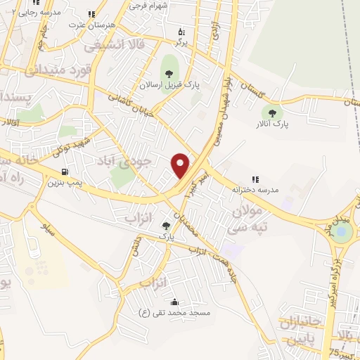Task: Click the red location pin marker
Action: pos(181,165)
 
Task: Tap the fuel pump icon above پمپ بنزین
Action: pos(65,171)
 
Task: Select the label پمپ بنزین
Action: pos(65,183)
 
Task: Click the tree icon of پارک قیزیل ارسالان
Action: pos(168,72)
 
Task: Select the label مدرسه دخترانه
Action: pos(259,191)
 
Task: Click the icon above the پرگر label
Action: pos(182,31)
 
